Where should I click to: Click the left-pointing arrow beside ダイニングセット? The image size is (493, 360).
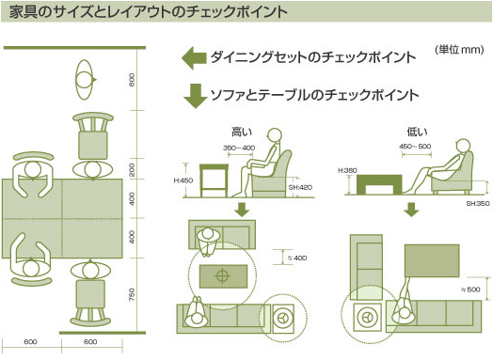[194, 58]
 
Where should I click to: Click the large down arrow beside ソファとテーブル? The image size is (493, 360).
[196, 96]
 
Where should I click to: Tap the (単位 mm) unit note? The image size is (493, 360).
[459, 50]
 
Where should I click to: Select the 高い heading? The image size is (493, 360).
[242, 132]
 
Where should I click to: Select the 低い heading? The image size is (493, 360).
[417, 132]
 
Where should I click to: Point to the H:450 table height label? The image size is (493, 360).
[183, 180]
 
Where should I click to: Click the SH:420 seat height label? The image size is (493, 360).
[300, 188]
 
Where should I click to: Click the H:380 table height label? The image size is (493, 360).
[347, 170]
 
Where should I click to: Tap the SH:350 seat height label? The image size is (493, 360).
[478, 204]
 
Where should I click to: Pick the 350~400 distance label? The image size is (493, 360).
[239, 148]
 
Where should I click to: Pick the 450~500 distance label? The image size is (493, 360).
[415, 146]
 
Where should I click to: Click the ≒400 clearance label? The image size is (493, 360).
[297, 258]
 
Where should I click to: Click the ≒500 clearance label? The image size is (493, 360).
[470, 290]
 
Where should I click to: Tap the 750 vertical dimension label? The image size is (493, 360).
[132, 294]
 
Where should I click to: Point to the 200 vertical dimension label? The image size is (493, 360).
[132, 169]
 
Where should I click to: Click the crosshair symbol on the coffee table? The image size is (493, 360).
[223, 276]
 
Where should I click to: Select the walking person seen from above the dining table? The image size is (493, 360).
[85, 80]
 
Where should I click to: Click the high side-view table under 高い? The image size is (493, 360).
[214, 180]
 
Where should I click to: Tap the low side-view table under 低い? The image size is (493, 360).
[379, 184]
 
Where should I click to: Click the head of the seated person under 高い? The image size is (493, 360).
[275, 135]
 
